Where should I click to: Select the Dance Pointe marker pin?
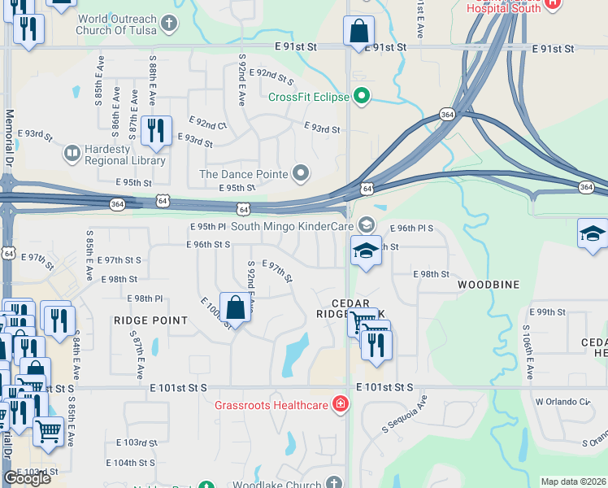[302, 173]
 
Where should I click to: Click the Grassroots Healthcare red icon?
[341, 405]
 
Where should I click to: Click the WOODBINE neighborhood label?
[488, 285]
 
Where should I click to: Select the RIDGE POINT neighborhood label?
[151, 320]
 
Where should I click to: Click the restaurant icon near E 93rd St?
[155, 130]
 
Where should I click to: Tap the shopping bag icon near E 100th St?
[235, 307]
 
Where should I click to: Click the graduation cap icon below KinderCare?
[366, 251]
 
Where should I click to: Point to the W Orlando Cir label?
[561, 402]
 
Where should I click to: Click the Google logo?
[27, 478]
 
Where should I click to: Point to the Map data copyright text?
[573, 481]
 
